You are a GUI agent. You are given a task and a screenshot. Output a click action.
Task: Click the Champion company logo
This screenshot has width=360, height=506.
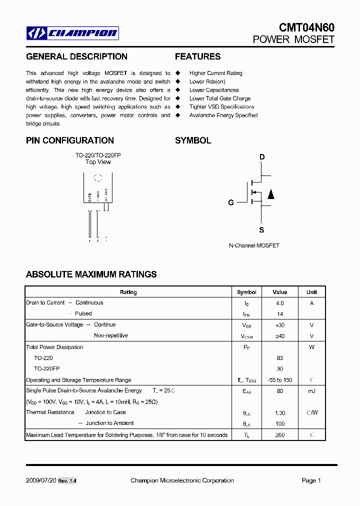[x=72, y=33]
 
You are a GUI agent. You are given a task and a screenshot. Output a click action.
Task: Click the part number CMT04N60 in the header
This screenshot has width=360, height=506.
[x=306, y=27]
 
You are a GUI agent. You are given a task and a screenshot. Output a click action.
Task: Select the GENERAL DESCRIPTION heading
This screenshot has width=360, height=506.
[x=76, y=57]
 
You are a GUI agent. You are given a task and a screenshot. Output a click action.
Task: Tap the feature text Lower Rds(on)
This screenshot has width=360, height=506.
[x=207, y=81]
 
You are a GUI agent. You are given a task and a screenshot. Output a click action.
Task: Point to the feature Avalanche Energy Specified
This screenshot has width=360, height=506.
[x=223, y=115]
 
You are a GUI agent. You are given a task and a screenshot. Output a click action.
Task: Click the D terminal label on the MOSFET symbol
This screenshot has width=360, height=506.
[x=261, y=157]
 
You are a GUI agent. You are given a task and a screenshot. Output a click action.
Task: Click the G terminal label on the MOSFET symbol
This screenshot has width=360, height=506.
[x=231, y=202]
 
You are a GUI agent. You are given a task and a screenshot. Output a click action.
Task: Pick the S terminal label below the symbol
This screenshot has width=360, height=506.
[x=261, y=230]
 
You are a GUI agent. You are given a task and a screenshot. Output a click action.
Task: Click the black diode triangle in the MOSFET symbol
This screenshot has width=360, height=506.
[x=270, y=194]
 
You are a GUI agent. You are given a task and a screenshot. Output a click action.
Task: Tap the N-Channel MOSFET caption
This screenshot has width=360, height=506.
[x=254, y=246]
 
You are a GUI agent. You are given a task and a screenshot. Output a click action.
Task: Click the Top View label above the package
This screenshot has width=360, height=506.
[x=98, y=162]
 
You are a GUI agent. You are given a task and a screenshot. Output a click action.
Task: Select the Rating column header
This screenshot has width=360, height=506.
[x=128, y=292]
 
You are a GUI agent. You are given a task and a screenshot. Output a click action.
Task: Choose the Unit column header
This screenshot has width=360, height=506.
[x=311, y=292]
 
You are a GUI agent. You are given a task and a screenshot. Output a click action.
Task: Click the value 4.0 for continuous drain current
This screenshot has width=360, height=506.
[x=279, y=303]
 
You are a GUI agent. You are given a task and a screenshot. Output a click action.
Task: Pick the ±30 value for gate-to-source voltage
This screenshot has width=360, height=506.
[x=279, y=325]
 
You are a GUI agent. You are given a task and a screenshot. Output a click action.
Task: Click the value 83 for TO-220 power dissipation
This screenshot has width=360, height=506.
[x=279, y=358]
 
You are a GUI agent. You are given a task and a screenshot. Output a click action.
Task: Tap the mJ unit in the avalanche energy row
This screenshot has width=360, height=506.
[x=311, y=391]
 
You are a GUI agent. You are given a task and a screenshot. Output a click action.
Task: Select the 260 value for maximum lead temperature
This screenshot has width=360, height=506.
[x=279, y=435]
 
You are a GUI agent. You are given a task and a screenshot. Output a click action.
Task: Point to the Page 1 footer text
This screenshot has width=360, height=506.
[x=311, y=480]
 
